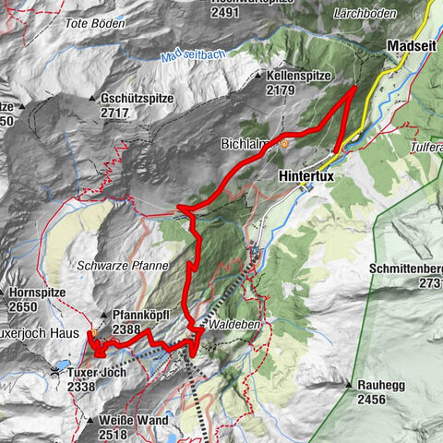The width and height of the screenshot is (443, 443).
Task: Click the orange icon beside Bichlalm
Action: click(x=283, y=144)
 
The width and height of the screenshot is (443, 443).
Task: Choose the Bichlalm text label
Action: click(x=249, y=144)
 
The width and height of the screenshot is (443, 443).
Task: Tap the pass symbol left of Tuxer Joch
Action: click(x=59, y=371)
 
